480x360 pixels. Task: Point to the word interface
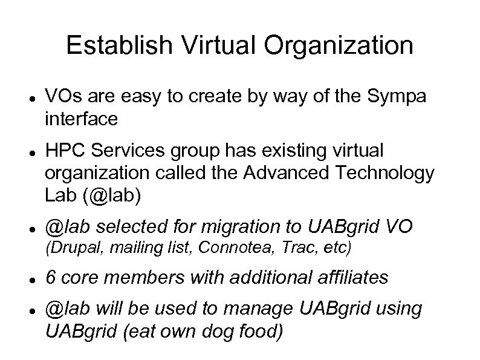[81, 120]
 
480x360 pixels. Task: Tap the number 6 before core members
[51, 278]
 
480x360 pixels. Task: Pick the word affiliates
[350, 278]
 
